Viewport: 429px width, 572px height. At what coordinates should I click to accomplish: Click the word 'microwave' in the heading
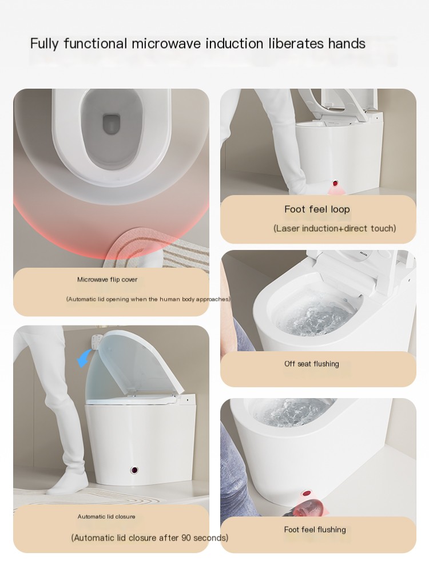(x=166, y=44)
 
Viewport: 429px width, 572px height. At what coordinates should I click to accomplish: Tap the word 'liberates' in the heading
(x=296, y=43)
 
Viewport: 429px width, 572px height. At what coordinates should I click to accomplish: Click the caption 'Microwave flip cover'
(x=108, y=280)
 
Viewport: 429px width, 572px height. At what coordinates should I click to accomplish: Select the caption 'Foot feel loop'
(x=317, y=209)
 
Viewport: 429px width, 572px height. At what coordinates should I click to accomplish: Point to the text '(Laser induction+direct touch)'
(x=335, y=228)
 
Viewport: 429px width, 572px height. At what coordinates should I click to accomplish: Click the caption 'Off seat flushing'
(x=312, y=364)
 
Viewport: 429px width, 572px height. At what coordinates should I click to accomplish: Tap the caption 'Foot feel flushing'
(x=315, y=530)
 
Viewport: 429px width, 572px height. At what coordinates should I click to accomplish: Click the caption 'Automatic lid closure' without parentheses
(x=106, y=517)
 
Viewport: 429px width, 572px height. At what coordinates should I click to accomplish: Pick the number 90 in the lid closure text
(x=186, y=538)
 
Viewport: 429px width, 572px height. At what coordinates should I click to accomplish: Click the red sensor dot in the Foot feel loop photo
(x=335, y=183)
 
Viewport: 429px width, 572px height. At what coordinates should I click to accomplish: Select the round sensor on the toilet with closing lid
(x=134, y=470)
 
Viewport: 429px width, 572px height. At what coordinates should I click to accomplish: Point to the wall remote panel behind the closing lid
(x=96, y=343)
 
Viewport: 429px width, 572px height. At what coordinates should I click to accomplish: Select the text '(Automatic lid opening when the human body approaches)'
(x=148, y=299)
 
